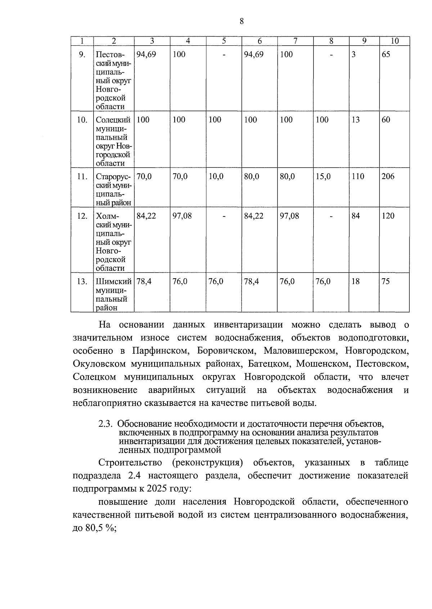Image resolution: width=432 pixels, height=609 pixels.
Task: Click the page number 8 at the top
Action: [x=242, y=21]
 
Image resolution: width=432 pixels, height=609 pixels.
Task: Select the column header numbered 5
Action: [x=224, y=41]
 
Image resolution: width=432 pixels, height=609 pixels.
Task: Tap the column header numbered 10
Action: [x=395, y=41]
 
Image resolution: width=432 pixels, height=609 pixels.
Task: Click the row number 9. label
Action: [x=82, y=54]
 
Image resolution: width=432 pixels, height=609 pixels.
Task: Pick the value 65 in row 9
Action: [x=386, y=54]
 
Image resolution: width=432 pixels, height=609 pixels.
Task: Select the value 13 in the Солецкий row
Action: [x=356, y=120]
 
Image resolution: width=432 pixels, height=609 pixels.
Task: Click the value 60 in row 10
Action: [x=386, y=120]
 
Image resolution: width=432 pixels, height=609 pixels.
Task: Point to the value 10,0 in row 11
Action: [x=216, y=177]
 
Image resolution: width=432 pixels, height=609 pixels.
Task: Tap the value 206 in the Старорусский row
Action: [x=388, y=177]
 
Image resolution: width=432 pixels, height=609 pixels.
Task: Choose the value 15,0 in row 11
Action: [x=323, y=177]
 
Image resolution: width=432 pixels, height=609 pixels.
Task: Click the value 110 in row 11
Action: [x=358, y=177]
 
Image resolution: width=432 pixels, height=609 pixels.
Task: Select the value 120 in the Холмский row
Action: [x=388, y=216]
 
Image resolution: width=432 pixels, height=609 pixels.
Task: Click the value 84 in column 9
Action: [x=356, y=216]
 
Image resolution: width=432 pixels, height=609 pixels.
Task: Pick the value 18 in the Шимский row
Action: [x=356, y=281]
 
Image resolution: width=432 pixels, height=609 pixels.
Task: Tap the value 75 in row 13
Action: [x=386, y=281]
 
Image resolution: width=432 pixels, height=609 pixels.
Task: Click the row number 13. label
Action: [x=82, y=281]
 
